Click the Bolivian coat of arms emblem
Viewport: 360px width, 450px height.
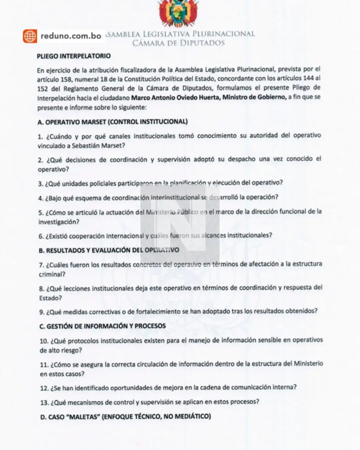coord(178,13)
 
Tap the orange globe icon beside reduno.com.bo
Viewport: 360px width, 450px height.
coord(30,36)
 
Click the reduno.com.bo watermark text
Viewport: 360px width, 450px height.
coord(71,36)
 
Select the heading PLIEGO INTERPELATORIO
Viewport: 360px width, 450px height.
coord(74,56)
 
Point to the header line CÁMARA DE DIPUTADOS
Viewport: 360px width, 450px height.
coord(178,43)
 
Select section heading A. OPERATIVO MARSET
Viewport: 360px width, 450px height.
coord(113,122)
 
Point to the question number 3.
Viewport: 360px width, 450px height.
coord(41,184)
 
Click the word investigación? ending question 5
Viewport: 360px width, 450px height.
coord(59,222)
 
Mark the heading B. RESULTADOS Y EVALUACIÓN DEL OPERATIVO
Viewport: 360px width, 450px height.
coord(109,250)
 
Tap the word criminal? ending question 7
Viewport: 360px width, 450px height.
coord(52,274)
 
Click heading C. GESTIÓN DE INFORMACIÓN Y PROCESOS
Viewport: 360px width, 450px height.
coord(103,326)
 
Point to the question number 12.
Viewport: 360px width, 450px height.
coord(44,388)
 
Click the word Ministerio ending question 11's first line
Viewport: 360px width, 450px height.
coord(308,364)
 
